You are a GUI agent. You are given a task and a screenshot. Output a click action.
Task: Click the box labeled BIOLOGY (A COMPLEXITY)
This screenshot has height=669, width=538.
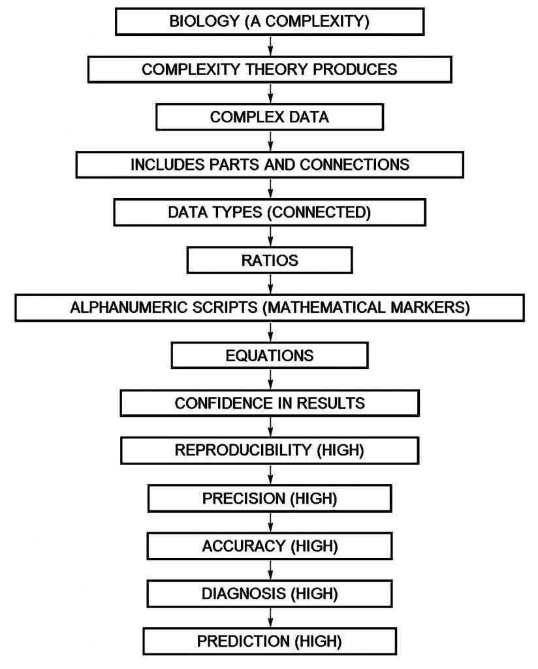click(x=270, y=21)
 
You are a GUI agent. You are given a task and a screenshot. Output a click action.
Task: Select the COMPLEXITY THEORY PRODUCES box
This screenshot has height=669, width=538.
click(x=270, y=69)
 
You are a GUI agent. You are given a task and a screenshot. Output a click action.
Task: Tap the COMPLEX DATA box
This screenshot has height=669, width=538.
click(x=270, y=118)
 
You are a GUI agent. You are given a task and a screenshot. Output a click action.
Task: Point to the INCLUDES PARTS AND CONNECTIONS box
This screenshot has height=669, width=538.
click(x=270, y=165)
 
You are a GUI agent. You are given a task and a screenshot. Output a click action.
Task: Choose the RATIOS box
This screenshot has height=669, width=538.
click(x=270, y=260)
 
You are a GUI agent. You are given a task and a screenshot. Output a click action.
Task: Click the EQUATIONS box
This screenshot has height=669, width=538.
click(x=270, y=355)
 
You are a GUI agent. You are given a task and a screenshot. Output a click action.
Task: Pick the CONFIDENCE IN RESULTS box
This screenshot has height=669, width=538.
click(x=270, y=403)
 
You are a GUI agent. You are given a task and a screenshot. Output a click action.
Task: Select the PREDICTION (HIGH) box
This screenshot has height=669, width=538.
click(x=270, y=641)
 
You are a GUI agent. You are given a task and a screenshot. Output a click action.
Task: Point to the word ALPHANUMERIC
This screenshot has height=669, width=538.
click(x=119, y=308)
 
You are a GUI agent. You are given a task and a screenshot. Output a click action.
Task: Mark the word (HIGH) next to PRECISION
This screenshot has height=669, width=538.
click(x=315, y=498)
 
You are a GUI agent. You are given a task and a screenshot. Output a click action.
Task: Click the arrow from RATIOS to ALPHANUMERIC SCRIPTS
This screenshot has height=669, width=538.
click(x=270, y=284)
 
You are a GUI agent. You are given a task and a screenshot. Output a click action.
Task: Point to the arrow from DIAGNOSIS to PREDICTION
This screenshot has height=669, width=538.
click(x=270, y=617)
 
